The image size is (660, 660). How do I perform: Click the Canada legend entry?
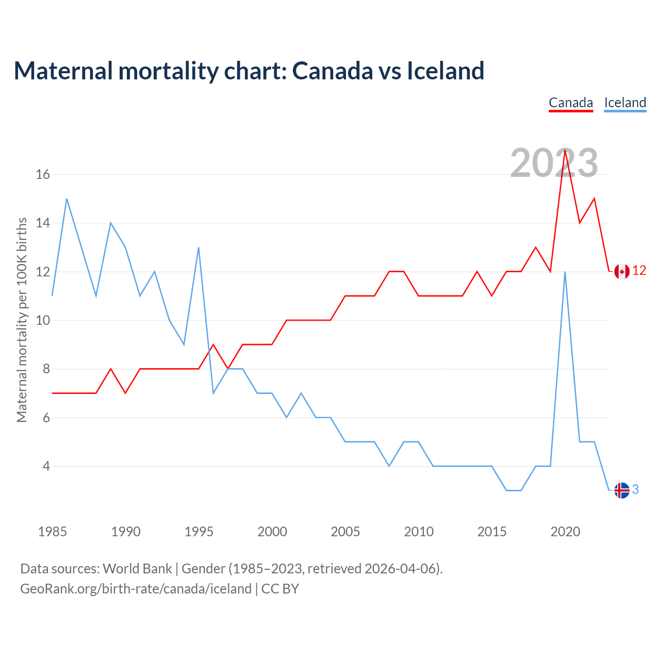571,103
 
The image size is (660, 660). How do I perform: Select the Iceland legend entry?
625,103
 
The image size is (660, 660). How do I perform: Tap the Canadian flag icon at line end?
622,271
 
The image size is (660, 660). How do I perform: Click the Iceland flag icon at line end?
622,490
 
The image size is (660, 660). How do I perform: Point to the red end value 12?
639,271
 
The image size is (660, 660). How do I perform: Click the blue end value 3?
636,490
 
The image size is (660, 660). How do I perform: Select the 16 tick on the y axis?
43,175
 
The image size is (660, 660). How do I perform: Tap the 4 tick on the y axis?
46,467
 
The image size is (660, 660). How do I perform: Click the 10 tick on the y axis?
43,321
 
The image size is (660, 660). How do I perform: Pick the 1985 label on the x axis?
53,532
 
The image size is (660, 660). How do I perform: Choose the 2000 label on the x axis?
272,532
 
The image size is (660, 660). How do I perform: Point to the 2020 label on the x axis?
565,532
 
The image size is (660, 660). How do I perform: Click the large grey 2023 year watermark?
554,163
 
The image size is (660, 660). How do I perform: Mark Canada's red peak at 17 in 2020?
565,150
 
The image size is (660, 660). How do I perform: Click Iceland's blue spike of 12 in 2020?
565,272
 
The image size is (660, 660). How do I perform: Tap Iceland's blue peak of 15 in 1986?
67,199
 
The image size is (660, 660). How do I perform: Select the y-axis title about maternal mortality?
22,320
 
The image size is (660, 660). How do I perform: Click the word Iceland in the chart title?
445,71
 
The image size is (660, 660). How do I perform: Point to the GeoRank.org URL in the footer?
136,589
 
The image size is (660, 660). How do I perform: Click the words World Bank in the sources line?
137,569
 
